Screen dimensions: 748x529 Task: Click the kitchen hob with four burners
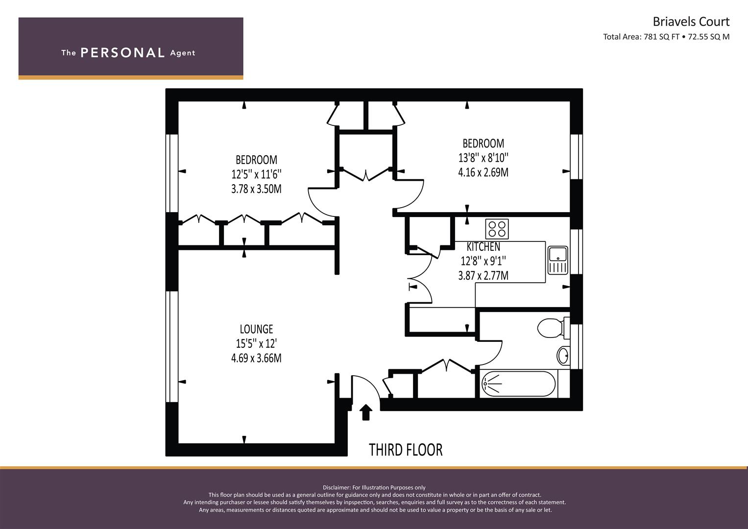(497, 229)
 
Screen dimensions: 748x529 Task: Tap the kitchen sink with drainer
(557, 261)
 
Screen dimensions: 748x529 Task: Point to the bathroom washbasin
(563, 356)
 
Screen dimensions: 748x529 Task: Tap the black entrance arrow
(366, 412)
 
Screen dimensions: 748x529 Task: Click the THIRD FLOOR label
(406, 450)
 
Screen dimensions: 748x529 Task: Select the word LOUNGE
(257, 329)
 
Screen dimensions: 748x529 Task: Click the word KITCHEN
(483, 247)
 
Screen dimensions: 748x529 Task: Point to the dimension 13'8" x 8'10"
(483, 158)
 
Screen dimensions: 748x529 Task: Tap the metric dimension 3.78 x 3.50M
(257, 189)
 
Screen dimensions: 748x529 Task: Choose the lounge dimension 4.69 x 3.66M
(257, 358)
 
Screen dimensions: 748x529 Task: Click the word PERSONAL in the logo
(122, 53)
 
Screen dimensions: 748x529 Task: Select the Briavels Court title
(691, 22)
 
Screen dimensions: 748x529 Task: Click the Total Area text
(666, 37)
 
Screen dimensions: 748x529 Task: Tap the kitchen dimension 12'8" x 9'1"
(483, 261)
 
